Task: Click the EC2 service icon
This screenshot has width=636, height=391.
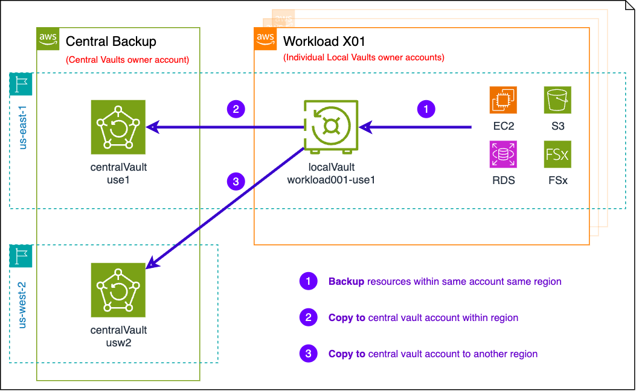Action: tap(503, 100)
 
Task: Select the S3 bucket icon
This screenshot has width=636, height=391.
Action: tap(557, 100)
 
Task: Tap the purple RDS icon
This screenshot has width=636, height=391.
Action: tap(503, 154)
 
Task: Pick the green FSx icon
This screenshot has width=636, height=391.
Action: tap(557, 154)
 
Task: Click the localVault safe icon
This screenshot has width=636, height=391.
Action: tap(331, 127)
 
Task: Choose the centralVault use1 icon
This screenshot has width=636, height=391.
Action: tap(118, 127)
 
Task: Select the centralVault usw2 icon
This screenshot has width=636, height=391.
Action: tap(118, 290)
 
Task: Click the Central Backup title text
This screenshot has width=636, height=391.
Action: tap(111, 42)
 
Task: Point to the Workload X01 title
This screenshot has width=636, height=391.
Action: tap(324, 42)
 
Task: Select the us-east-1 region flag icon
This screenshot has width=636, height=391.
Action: tap(21, 84)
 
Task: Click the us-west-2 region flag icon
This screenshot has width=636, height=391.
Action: tap(21, 256)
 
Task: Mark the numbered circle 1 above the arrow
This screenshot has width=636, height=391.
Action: tap(426, 109)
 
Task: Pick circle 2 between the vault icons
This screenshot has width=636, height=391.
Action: tap(236, 109)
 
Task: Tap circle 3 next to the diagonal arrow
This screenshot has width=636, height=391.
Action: tap(236, 181)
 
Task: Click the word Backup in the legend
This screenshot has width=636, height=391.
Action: tap(346, 281)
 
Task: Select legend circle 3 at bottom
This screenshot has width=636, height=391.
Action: tap(308, 354)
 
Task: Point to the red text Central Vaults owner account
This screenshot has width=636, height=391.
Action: tap(127, 60)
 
